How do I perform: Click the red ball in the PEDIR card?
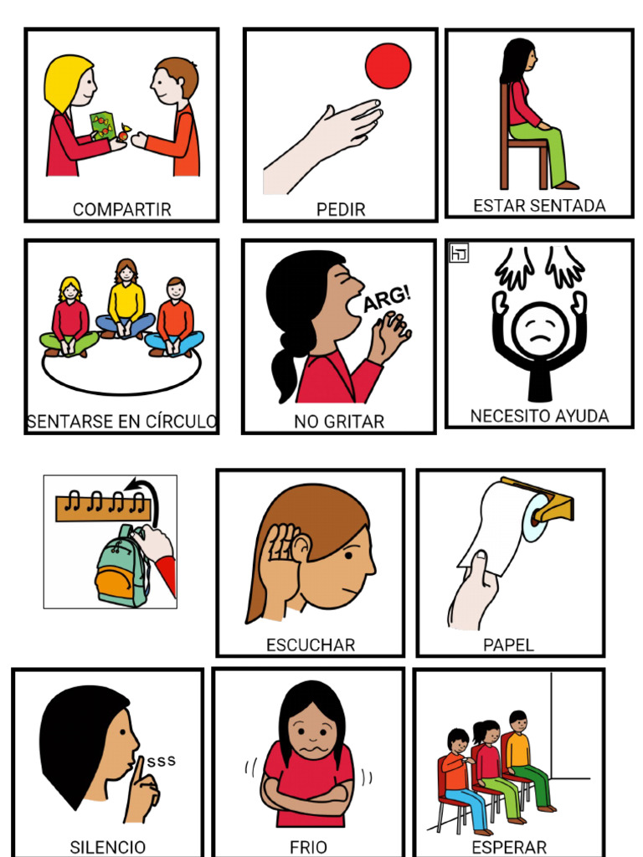(x=388, y=65)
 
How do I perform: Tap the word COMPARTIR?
(x=121, y=209)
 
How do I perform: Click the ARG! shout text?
(x=386, y=300)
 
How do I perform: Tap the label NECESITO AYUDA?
(x=539, y=416)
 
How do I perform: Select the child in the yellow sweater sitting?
(x=126, y=303)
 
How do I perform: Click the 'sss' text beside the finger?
(x=161, y=761)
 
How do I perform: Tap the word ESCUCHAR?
(x=311, y=645)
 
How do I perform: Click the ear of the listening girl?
(x=299, y=549)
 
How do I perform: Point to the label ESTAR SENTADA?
(x=539, y=206)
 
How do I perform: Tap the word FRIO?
(x=308, y=847)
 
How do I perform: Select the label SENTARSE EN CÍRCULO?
(x=121, y=422)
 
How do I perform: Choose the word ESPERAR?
(x=509, y=847)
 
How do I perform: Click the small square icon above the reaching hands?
(x=458, y=254)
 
